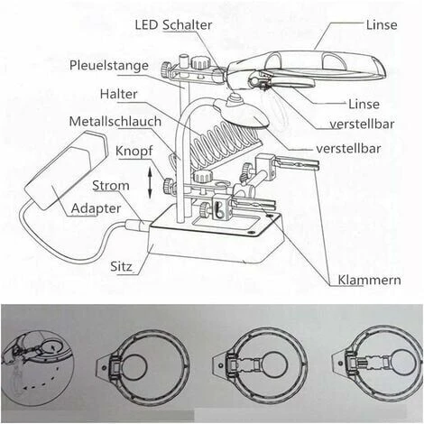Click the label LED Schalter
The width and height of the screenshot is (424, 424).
tap(174, 24)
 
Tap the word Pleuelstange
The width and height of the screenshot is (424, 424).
tap(108, 65)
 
